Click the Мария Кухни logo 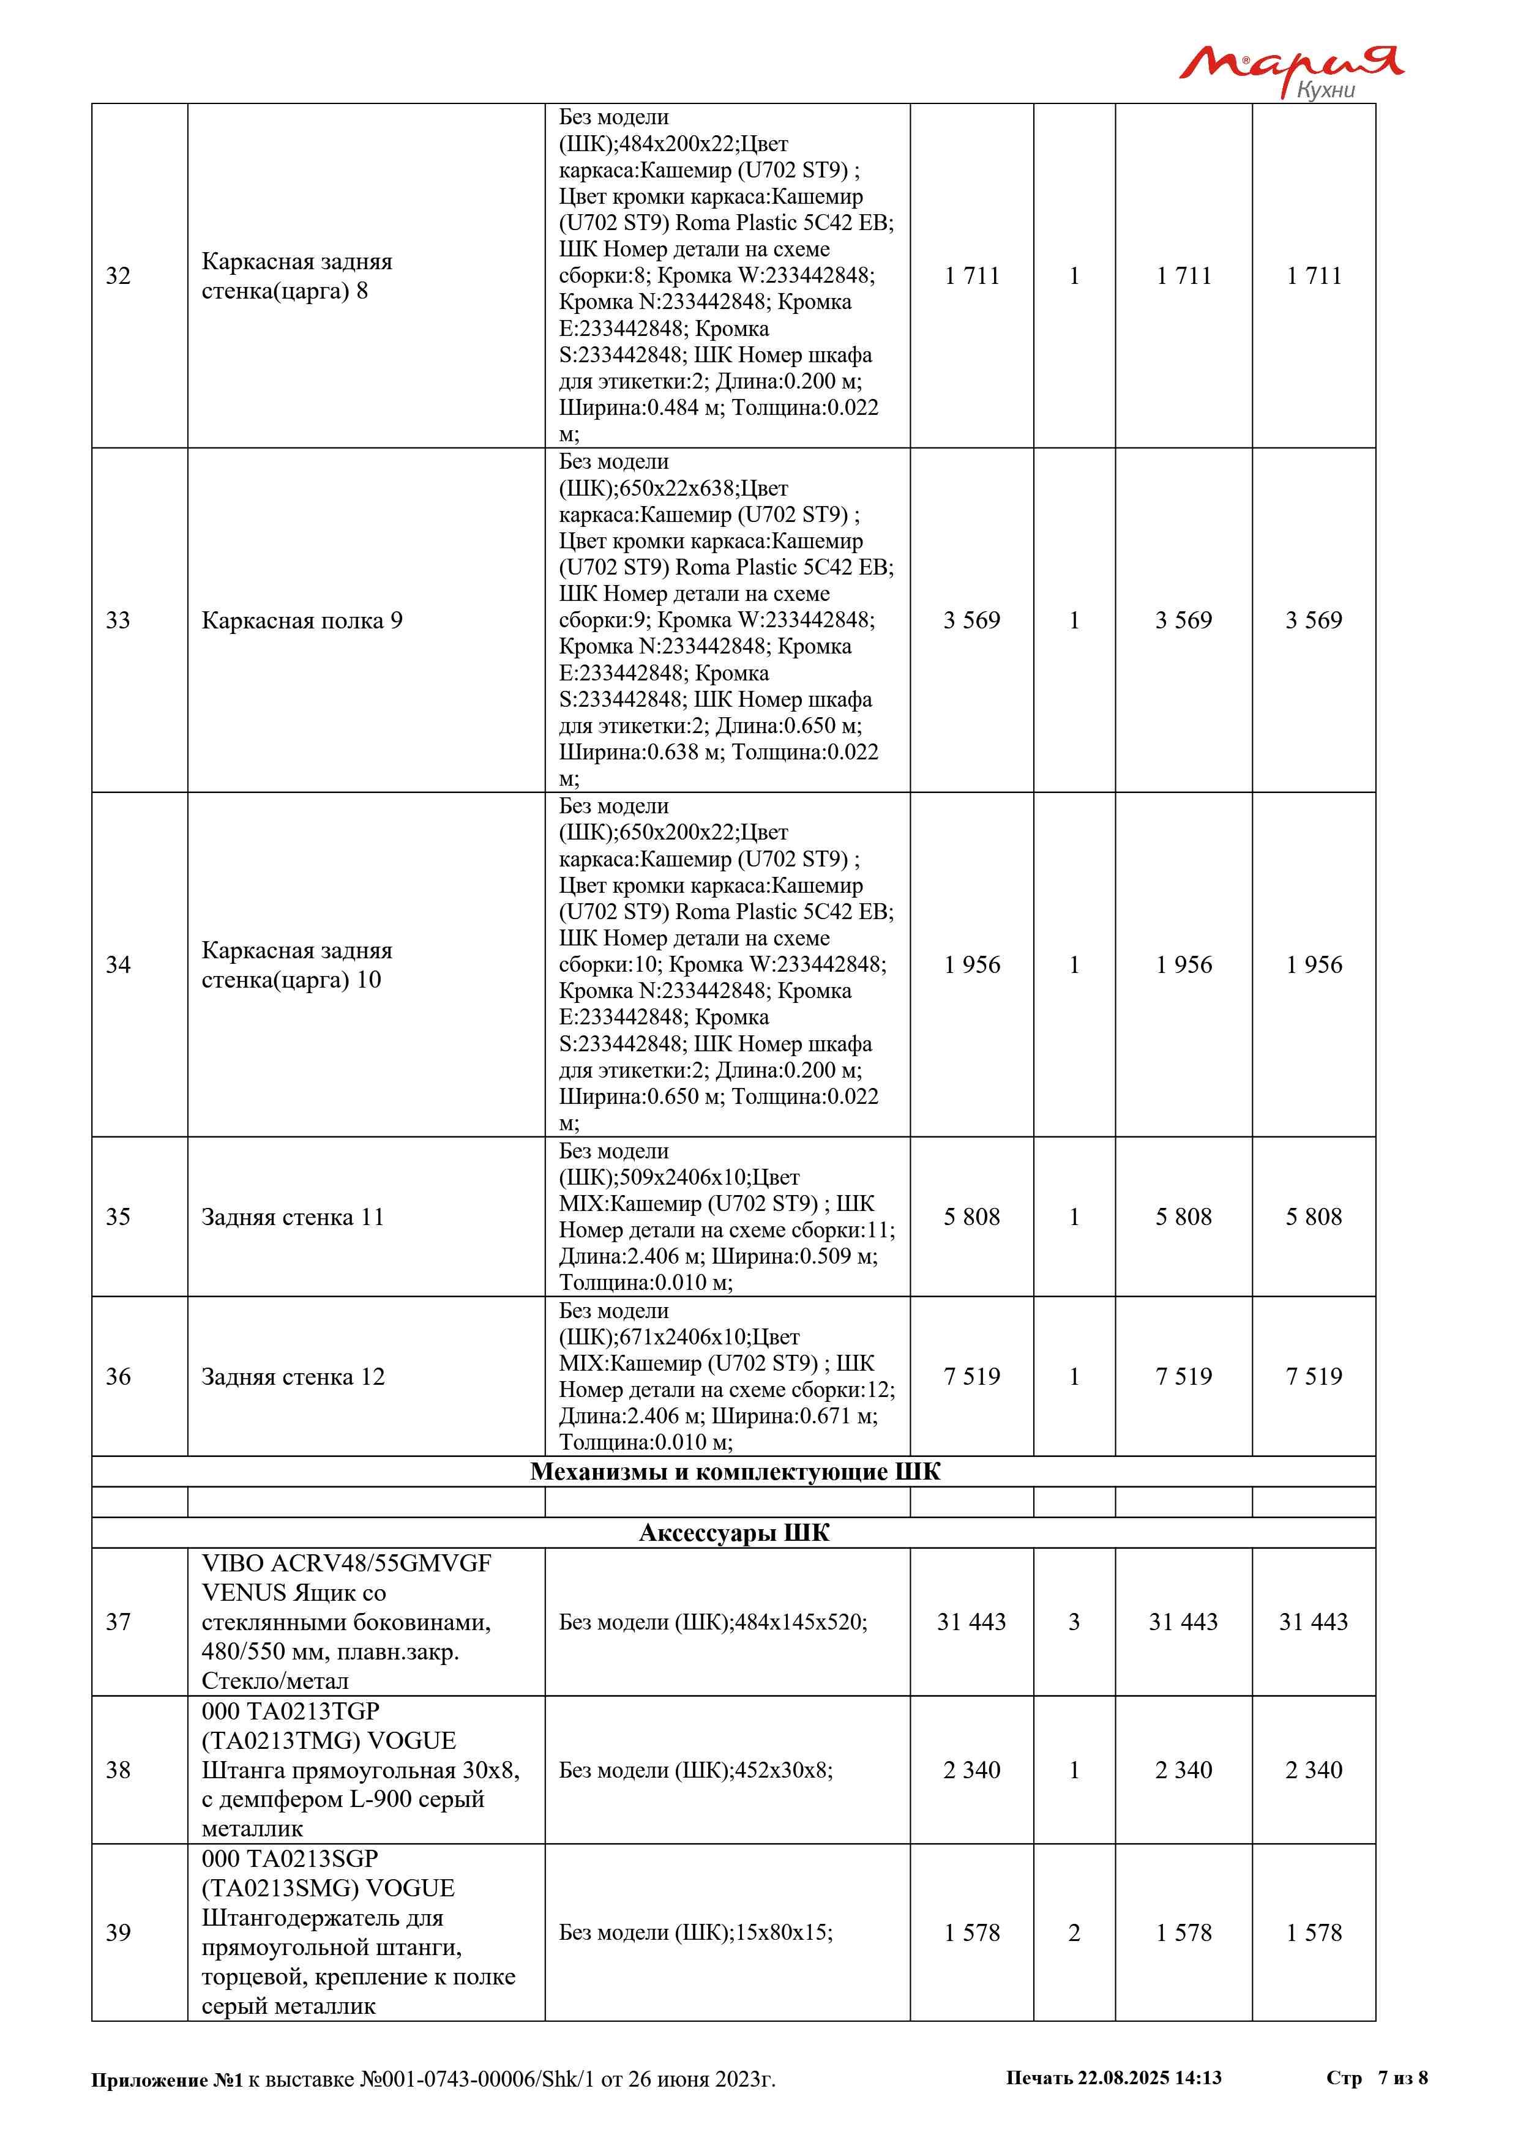coord(1290,70)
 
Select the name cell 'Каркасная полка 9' coord(302,620)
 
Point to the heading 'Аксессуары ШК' coord(734,1533)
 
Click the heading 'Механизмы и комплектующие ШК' coord(735,1472)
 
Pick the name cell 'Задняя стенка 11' coord(293,1217)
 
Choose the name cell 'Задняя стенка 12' coord(293,1377)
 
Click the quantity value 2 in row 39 coord(1074,1933)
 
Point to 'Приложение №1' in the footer coord(166,2080)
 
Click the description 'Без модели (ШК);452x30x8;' coord(695,1770)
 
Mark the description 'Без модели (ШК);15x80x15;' coord(695,1933)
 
